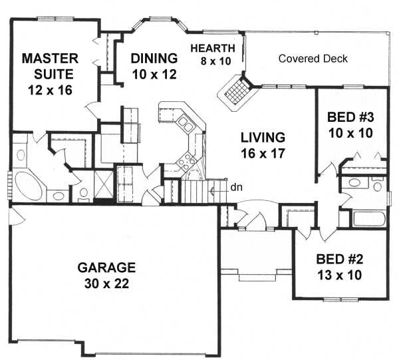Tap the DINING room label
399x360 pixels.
coord(153,57)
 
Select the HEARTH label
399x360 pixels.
coord(212,48)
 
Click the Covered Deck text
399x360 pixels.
coord(313,59)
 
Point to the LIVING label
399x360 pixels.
coord(263,138)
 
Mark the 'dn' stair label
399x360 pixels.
coord(236,187)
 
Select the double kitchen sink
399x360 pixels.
coord(184,124)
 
